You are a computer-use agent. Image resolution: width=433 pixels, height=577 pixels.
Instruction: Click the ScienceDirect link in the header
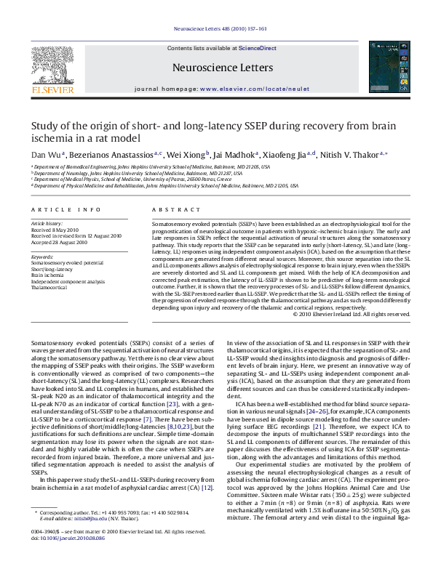point(258,48)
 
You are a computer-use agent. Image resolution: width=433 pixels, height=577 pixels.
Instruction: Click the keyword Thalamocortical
point(49,288)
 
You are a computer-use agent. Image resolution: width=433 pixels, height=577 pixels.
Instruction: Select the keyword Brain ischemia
point(47,275)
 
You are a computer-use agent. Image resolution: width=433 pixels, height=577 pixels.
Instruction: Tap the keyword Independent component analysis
point(68,281)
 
